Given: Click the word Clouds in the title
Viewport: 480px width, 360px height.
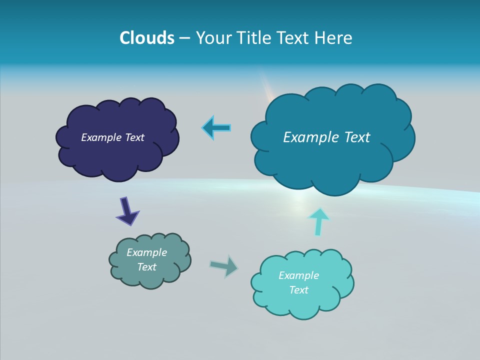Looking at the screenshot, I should click(146, 38).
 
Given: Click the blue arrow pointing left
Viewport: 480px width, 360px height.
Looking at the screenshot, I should click(216, 128).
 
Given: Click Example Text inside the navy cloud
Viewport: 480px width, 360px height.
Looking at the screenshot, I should click(112, 137).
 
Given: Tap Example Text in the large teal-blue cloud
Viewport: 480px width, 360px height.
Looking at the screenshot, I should click(326, 137).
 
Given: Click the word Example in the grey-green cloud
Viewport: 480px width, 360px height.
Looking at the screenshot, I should click(146, 252).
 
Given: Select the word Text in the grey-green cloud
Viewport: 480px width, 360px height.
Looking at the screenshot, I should click(146, 267).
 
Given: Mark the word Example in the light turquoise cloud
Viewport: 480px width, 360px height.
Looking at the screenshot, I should click(298, 275).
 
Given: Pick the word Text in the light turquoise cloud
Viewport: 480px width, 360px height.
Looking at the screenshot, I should click(298, 290).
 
